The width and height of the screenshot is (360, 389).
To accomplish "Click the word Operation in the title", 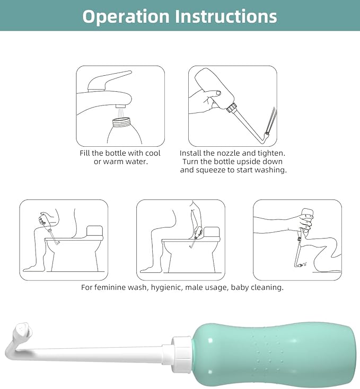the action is pos(126,16).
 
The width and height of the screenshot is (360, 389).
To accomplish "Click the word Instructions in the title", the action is pos(226,16).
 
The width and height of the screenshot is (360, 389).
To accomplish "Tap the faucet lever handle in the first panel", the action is pos(109,81).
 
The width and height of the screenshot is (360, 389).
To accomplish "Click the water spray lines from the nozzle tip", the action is pos(271,120).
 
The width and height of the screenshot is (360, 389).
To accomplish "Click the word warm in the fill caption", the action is pos(113,162).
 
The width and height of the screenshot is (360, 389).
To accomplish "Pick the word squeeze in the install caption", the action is pos(209,170).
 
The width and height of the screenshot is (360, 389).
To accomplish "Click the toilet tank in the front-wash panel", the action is pos(94,231).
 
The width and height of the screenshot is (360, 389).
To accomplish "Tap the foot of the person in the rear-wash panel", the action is pos(147,269).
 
